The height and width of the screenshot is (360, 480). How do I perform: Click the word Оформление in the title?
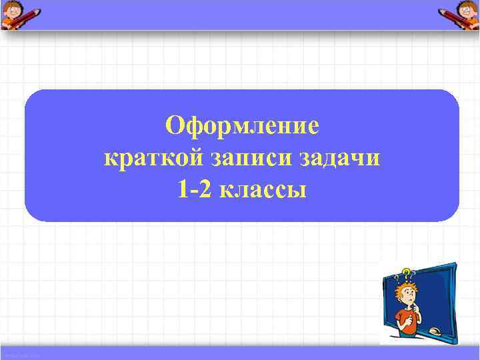click(242, 125)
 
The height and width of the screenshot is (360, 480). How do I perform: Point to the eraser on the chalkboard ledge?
click(435, 331)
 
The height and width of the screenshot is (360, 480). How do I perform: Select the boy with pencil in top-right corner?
click(459, 15)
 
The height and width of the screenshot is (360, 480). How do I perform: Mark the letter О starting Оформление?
click(175, 125)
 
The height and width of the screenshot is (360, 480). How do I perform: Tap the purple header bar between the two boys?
click(240, 15)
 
